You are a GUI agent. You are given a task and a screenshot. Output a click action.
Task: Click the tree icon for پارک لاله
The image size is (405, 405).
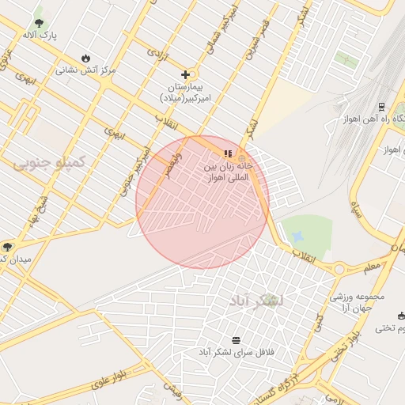[x=40, y=23]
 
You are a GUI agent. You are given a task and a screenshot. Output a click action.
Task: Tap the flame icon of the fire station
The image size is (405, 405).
[x=85, y=58]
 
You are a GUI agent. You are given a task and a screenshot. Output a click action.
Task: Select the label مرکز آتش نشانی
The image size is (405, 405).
[x=85, y=70]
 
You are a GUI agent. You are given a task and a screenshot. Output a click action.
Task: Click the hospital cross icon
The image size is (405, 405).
[x=185, y=74]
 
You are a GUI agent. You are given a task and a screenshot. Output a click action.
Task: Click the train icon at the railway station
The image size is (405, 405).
[x=381, y=106]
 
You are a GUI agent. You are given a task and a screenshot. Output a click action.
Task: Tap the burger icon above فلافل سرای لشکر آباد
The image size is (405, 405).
[x=236, y=339]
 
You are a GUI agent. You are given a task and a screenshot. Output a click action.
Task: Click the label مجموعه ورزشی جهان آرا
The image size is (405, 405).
[x=357, y=302]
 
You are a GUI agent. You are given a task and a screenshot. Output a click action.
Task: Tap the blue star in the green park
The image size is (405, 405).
[x=297, y=237]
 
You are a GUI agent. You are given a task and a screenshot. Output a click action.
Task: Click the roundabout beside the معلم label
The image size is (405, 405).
[x=339, y=269]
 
